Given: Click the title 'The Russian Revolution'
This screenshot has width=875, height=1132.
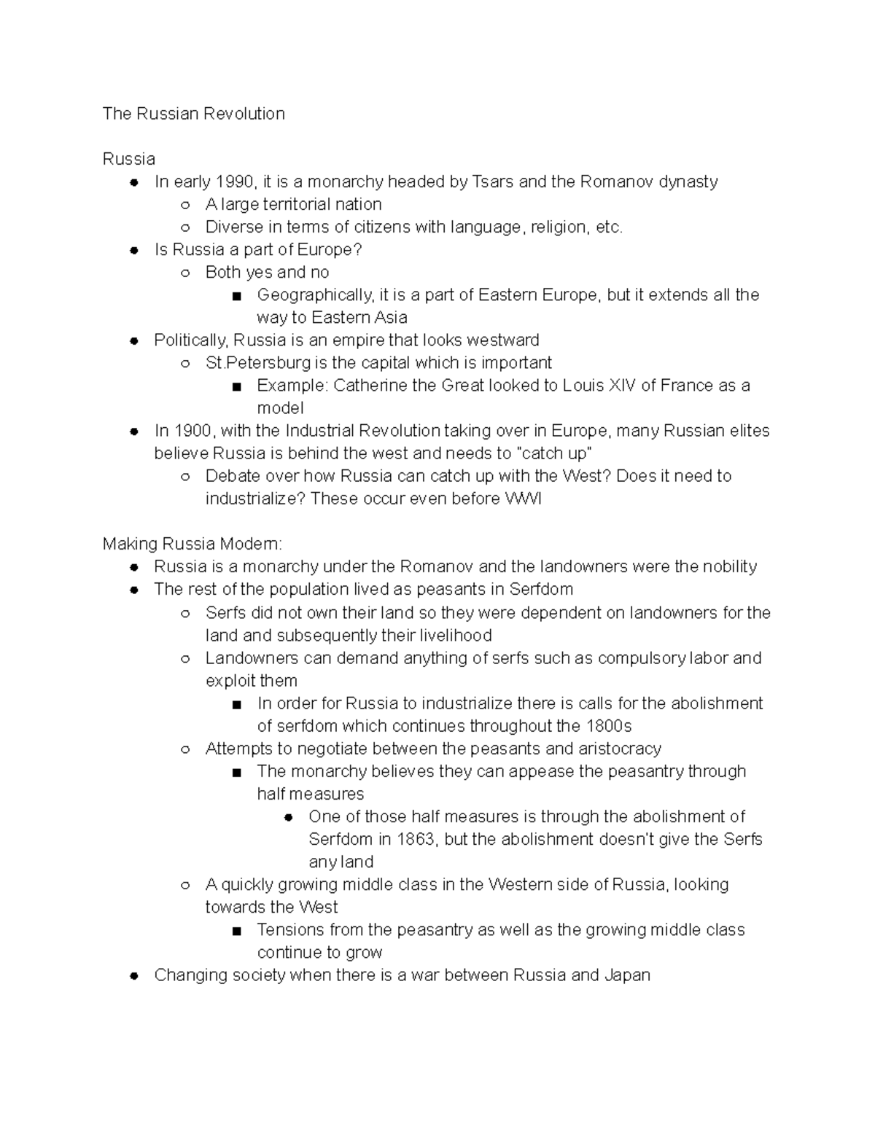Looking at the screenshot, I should point(193,114).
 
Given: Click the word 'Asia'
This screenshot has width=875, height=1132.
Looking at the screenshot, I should point(391,317).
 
